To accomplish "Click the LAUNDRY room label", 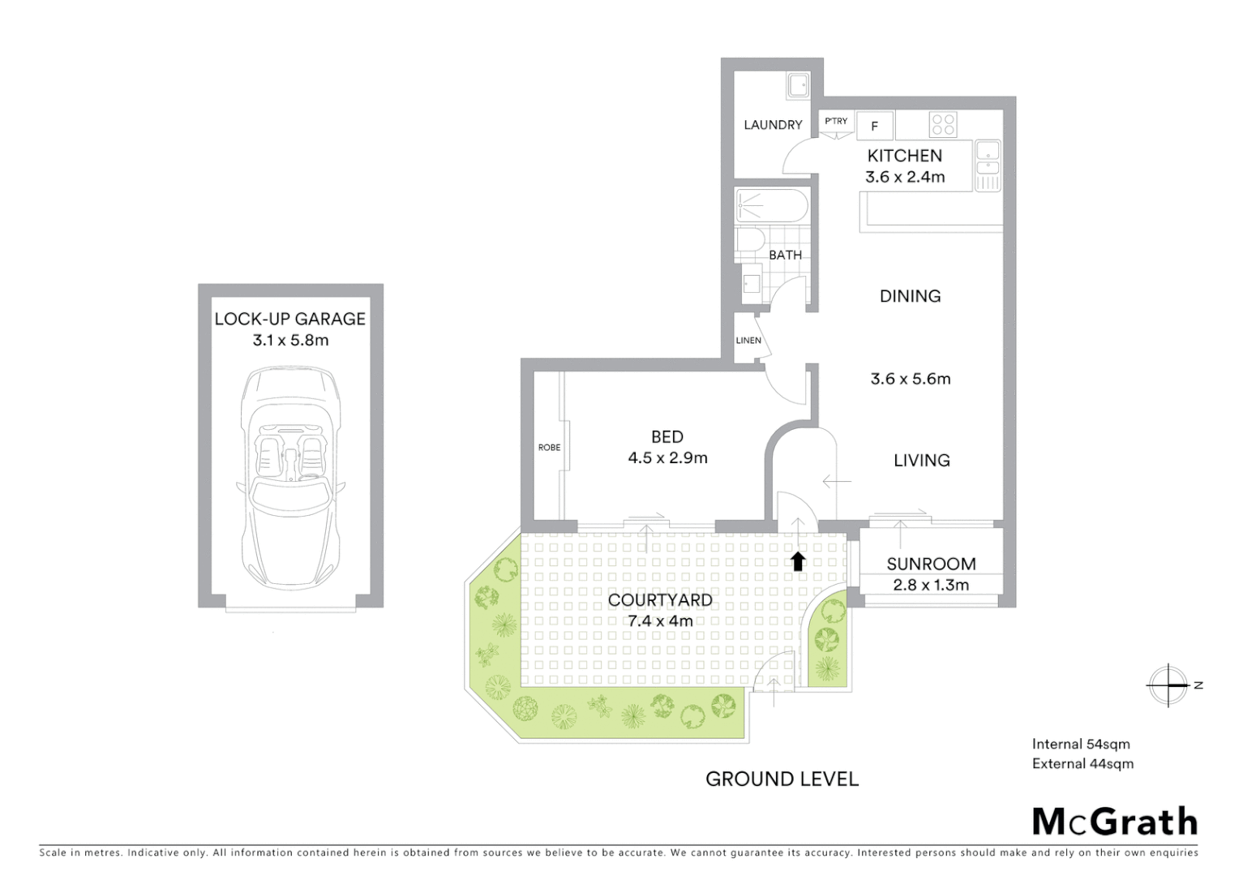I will point(772,125).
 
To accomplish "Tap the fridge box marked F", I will point(874,127).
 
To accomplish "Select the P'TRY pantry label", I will point(835,122).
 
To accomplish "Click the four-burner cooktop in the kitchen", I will point(943,124).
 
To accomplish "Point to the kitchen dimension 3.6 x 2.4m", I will point(904,177).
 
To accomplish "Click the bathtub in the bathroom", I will point(771,206).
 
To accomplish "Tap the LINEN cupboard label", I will point(748,341).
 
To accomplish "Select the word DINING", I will point(910,296).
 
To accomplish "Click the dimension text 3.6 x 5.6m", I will point(910,379).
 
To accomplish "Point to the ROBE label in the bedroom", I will point(549,448).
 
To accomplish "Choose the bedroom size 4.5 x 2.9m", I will point(667,458).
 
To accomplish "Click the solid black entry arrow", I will point(798,560).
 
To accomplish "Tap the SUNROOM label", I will point(930,564).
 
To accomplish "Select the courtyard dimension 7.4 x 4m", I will point(660,621).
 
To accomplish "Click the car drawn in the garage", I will point(290,479).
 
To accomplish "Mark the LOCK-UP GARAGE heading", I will point(289,319).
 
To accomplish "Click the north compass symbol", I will point(1168,685).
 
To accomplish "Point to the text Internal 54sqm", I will point(1080,744).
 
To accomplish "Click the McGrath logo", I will point(1114,822).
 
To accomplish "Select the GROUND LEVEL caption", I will point(781,779).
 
